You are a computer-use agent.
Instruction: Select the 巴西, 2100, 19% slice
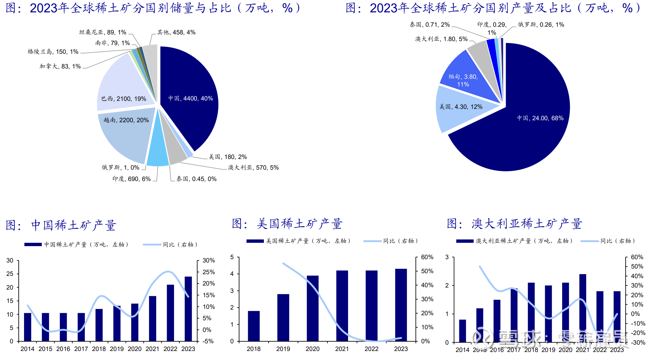(124, 90)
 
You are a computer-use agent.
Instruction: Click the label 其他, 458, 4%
(176, 32)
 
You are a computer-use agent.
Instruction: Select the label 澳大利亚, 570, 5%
(253, 168)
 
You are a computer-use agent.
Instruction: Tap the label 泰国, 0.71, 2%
(430, 25)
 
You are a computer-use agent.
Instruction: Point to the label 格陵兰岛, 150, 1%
(53, 52)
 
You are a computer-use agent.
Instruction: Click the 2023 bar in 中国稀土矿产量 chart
(188, 309)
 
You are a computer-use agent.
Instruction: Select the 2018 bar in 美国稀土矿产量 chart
(254, 326)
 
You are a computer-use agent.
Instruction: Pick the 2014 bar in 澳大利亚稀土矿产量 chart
(462, 331)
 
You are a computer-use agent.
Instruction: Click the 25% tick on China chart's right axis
(208, 272)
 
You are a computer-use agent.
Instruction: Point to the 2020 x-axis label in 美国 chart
(312, 349)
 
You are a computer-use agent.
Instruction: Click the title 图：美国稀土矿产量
(287, 224)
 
